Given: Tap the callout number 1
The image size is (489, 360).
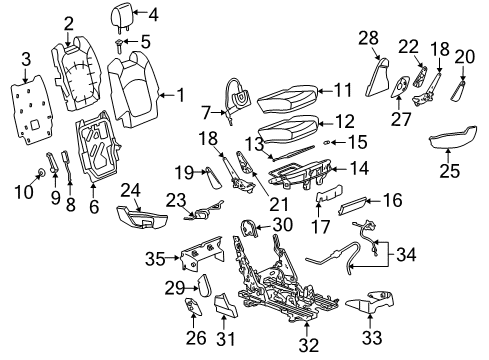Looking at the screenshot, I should [x=181, y=96].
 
